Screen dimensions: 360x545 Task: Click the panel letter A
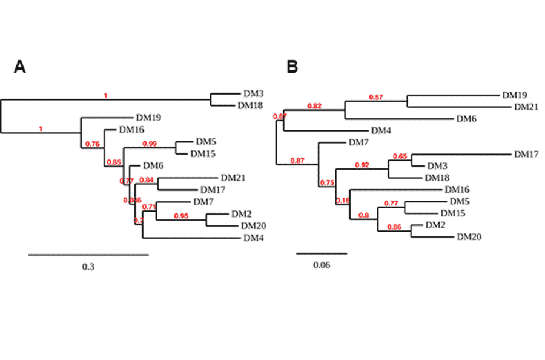20,67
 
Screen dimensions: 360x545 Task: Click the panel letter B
292,67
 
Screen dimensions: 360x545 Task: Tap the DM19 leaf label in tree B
514,95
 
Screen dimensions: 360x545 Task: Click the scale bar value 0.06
322,265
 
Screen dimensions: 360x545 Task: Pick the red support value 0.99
149,143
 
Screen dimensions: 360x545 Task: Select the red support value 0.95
181,216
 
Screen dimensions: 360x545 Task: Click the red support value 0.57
377,97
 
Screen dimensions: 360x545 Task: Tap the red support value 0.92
362,165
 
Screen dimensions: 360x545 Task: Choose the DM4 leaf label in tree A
253,238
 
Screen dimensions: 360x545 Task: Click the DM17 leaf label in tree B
526,155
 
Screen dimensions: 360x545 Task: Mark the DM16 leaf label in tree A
131,129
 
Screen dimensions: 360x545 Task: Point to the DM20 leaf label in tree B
469,236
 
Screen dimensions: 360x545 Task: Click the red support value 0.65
400,156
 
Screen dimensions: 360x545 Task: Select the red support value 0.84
147,179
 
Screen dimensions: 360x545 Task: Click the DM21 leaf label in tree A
233,178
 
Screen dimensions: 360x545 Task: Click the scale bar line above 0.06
322,253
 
